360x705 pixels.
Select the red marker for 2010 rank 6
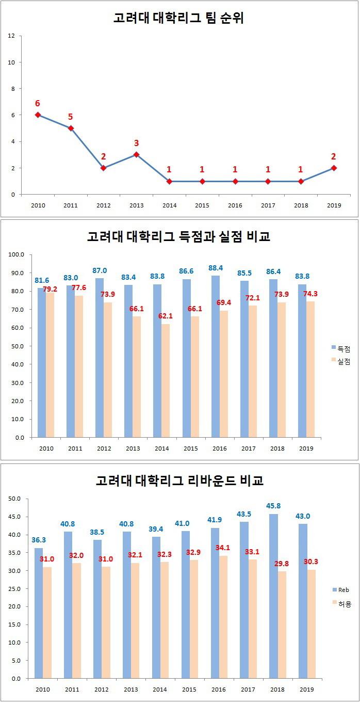pyautogui.click(x=38, y=115)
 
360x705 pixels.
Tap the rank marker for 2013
pyautogui.click(x=137, y=154)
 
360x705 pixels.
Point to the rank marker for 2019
pyautogui.click(x=334, y=168)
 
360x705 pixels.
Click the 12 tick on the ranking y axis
pyautogui.click(x=11, y=36)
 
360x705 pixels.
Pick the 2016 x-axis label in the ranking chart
pyautogui.click(x=235, y=205)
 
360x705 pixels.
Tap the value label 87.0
pyautogui.click(x=100, y=270)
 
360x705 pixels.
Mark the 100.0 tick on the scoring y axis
pyautogui.click(x=18, y=255)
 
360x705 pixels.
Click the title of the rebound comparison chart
pyautogui.click(x=179, y=480)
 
